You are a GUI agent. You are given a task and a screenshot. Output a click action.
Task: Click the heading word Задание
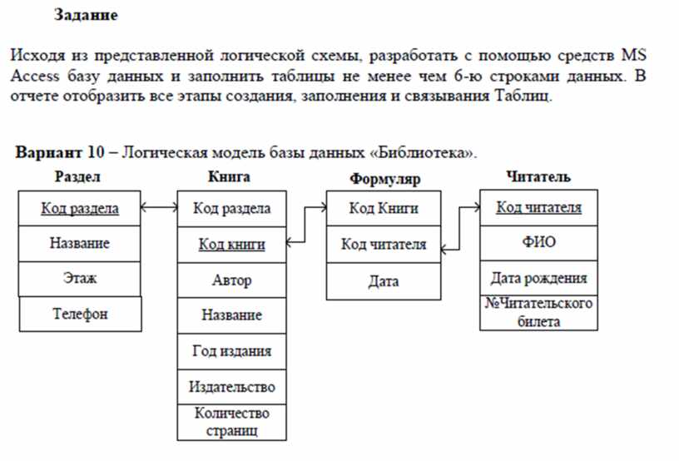(x=86, y=15)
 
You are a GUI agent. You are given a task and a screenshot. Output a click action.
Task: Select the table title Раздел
(x=77, y=176)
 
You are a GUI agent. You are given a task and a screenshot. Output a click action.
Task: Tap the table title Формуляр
(x=385, y=178)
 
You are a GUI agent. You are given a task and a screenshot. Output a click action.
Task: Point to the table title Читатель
(x=538, y=176)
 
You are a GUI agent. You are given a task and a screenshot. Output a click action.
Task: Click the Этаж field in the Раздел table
(x=80, y=278)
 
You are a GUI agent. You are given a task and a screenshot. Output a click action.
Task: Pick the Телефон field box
(x=80, y=314)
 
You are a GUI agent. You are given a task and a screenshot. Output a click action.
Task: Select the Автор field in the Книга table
(x=231, y=280)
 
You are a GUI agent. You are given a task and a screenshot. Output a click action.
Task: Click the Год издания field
(x=231, y=350)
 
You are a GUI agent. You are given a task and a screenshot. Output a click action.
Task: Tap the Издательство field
(x=231, y=387)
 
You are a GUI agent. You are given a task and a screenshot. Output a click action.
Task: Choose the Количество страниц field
(x=231, y=422)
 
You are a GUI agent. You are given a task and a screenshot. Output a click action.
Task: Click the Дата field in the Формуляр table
(x=384, y=281)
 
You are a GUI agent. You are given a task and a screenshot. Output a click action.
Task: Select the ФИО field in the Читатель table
(x=538, y=241)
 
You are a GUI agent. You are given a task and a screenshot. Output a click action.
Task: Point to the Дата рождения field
(x=538, y=278)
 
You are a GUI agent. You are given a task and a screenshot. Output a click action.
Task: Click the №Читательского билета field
(x=538, y=312)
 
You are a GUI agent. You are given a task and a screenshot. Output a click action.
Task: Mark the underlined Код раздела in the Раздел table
(x=80, y=209)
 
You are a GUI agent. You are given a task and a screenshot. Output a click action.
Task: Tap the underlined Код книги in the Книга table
(x=231, y=245)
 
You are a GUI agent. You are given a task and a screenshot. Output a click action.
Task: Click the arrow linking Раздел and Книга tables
(x=159, y=208)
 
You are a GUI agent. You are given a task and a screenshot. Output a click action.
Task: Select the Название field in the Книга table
(x=231, y=315)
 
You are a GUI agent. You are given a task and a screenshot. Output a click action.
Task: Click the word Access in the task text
(x=35, y=76)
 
